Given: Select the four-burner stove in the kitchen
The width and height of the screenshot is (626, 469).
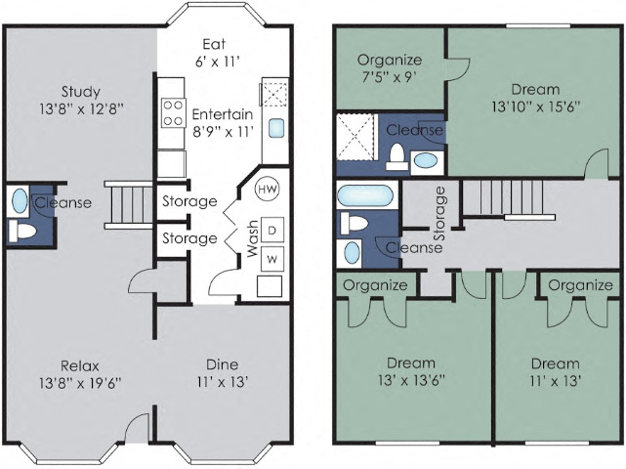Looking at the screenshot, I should (173, 112).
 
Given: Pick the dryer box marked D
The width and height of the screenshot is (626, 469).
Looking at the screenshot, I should (271, 230).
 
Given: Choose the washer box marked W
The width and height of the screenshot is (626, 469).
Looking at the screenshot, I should (271, 258).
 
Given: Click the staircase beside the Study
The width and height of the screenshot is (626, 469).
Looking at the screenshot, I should (126, 205).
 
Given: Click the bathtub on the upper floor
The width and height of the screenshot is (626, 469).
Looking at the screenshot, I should (367, 195).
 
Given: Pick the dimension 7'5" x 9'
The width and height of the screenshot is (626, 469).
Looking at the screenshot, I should (390, 77).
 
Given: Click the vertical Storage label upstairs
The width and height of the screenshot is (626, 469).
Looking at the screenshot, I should (439, 212).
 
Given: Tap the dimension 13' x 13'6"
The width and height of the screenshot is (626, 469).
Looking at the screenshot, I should (410, 382).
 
